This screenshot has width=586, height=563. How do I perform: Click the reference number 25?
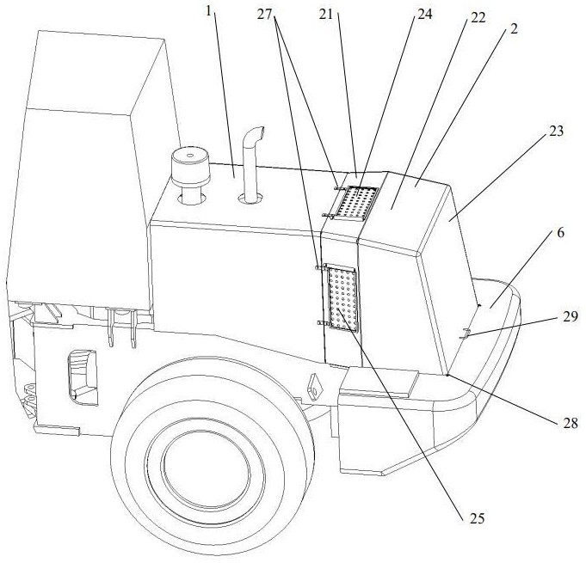pyautogui.click(x=476, y=518)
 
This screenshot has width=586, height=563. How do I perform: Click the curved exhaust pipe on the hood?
pyautogui.click(x=251, y=168)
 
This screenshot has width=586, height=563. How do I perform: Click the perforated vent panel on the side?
pyautogui.click(x=341, y=297)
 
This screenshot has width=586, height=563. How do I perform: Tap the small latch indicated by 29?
pyautogui.click(x=465, y=334)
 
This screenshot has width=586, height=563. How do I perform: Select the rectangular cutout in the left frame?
pyautogui.click(x=81, y=373)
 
